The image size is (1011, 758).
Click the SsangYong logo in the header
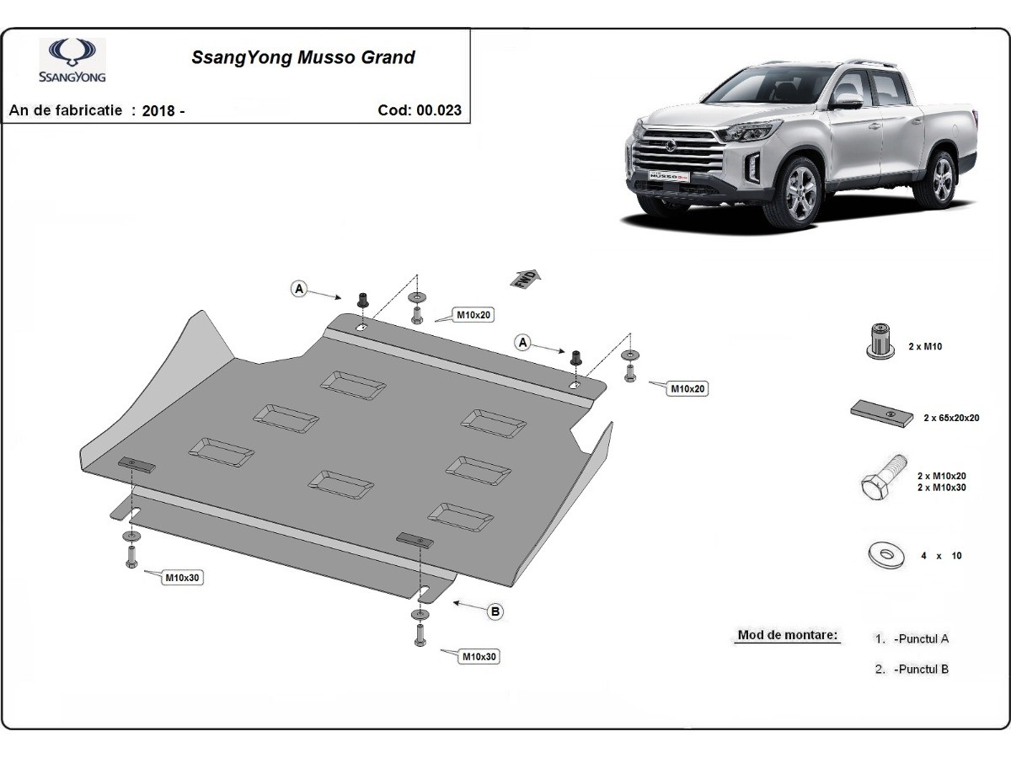72,61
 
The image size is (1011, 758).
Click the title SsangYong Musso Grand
303,57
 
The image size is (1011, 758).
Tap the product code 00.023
439,110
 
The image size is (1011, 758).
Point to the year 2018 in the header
158,111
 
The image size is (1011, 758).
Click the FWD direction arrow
525,278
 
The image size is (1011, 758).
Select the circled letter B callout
495,611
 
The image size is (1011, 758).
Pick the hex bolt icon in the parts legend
882,478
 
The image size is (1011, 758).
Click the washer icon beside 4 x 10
885,556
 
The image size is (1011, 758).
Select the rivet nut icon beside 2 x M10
880,341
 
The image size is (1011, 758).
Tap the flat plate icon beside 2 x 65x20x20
881,414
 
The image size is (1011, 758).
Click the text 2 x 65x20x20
951,418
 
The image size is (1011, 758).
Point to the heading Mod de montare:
787,635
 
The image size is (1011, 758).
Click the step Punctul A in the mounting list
921,638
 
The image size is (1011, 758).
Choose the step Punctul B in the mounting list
921,670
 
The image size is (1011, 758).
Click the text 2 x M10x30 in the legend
941,488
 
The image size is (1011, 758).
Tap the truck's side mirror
847,102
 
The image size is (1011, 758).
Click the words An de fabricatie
66,110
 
